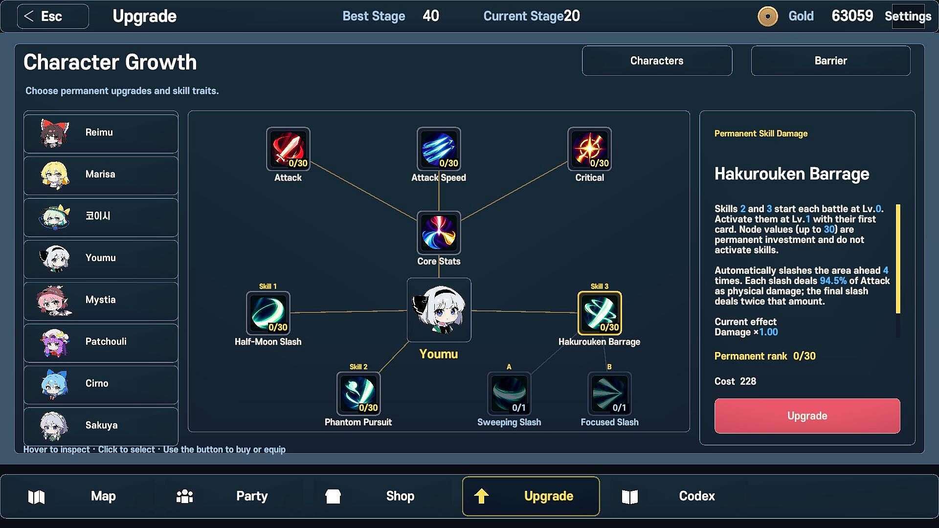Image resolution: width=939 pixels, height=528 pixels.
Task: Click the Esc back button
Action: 53,16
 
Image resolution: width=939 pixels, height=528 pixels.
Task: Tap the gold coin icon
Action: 767,16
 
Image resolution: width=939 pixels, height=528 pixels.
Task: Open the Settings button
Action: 908,16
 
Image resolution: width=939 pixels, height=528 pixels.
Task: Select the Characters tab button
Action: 657,61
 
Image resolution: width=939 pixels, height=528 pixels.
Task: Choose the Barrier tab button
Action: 830,61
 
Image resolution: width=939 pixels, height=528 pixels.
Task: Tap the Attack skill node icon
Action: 288,149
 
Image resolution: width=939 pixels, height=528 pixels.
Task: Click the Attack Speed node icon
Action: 439,149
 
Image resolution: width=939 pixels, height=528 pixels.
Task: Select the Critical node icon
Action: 589,149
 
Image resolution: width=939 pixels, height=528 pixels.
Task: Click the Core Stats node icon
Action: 439,233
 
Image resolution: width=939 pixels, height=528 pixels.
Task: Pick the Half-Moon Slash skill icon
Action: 268,313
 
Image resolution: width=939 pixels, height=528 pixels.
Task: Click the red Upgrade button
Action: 807,416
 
